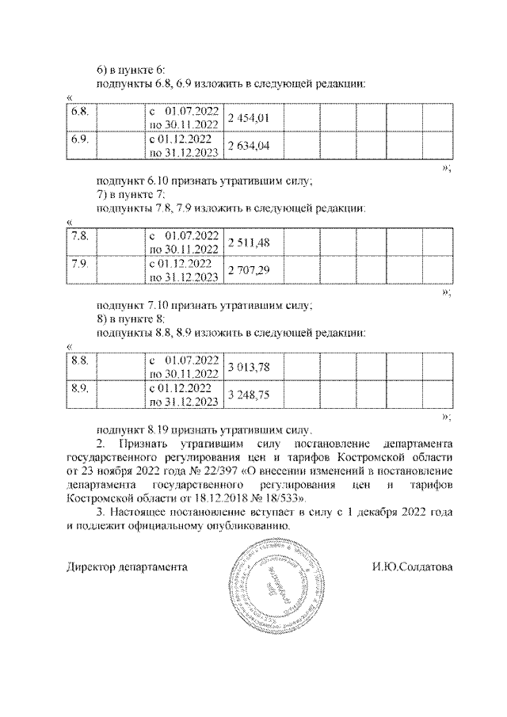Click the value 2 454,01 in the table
(249, 118)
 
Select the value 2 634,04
(249, 145)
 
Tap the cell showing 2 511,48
(249, 242)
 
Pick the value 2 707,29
(249, 270)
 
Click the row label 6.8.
(78, 112)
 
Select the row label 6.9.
(78, 139)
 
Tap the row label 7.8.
(78, 236)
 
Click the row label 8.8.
(78, 360)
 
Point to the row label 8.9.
(78, 387)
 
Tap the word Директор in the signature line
(90, 567)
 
